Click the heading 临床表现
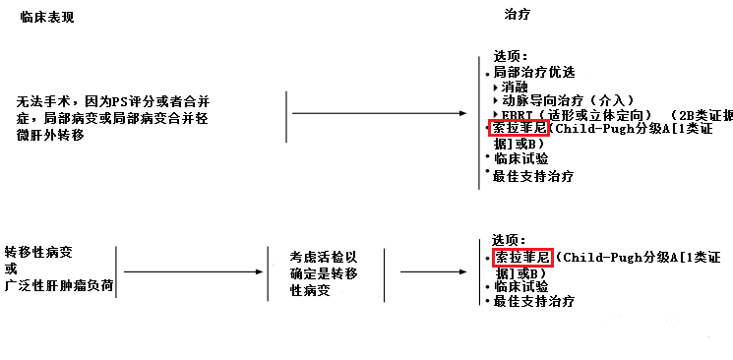click(47, 19)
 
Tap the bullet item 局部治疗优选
click(534, 72)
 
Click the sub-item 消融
click(514, 87)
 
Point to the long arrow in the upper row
click(379, 114)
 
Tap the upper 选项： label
click(511, 56)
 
